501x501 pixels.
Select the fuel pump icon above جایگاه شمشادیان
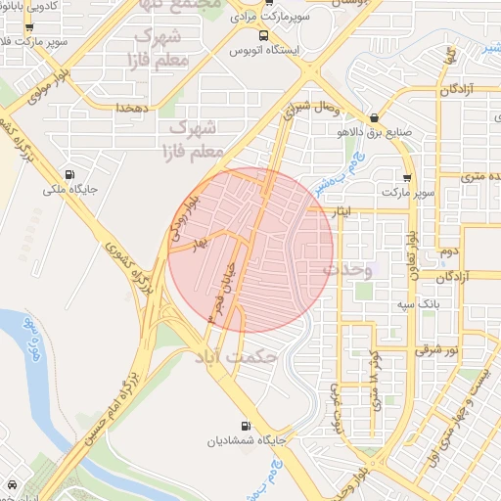[x=245, y=426]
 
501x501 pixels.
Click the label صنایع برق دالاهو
[x=389, y=131]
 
